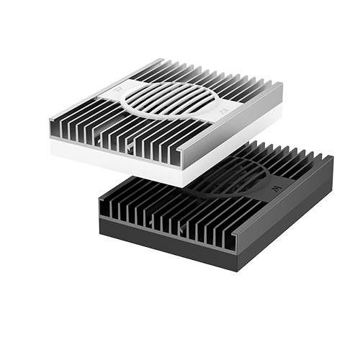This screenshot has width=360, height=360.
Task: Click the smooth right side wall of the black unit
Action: [x=288, y=216]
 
